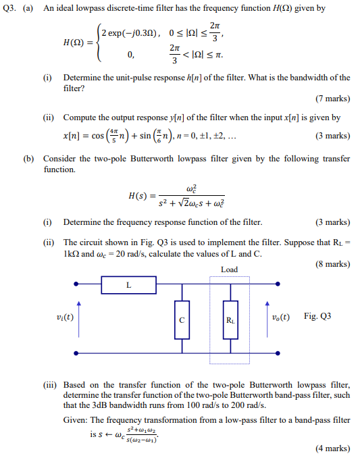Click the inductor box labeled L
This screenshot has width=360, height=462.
click(128, 285)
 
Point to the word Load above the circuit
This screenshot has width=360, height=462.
click(229, 269)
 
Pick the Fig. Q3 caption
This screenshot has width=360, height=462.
click(317, 316)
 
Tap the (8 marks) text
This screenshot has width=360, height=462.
click(333, 264)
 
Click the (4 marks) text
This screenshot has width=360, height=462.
click(333, 447)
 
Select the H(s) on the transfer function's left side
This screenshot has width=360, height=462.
click(138, 197)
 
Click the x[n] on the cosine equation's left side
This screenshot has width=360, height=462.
click(74, 136)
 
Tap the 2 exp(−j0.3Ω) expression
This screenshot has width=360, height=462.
click(130, 33)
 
